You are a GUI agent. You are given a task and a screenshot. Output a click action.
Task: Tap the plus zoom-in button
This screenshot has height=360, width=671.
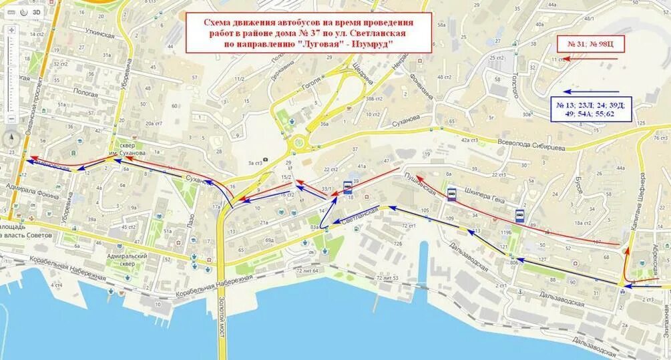coord(11,31)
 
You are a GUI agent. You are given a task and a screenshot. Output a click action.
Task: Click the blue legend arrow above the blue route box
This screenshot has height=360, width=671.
coord(592,92)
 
